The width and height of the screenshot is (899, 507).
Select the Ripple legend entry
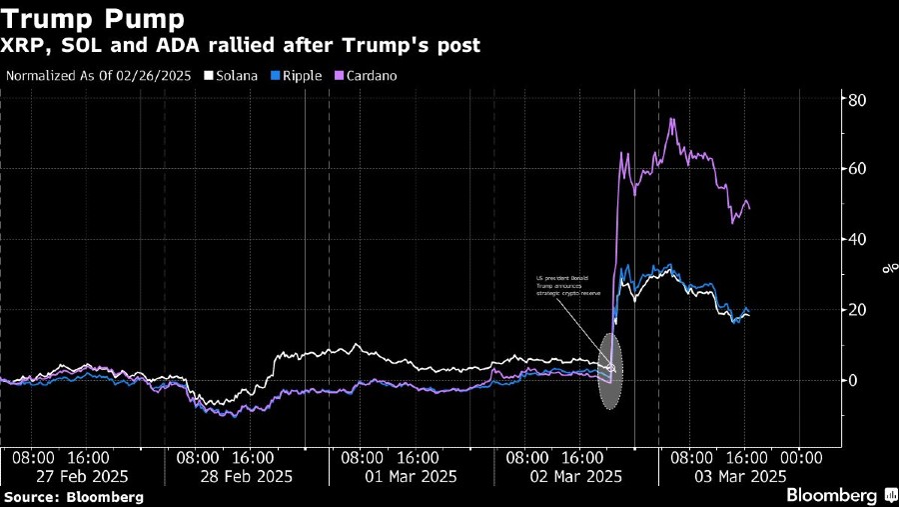click(x=297, y=75)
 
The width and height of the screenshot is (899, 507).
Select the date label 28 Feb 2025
click(x=246, y=476)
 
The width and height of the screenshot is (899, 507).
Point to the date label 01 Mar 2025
click(x=411, y=476)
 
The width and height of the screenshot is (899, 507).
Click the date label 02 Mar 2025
click(x=575, y=476)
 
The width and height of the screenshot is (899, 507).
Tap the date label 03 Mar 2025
click(x=739, y=476)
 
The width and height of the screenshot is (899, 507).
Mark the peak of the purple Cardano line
click(x=671, y=119)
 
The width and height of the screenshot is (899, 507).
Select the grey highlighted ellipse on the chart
click(x=610, y=370)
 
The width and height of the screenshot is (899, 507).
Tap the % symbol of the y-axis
click(x=885, y=268)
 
